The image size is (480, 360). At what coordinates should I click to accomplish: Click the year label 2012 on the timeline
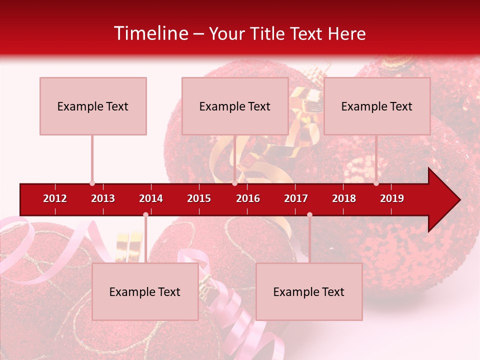(55, 198)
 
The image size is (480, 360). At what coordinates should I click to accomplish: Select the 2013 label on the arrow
(103, 198)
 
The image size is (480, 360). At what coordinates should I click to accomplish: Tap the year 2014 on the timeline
(151, 198)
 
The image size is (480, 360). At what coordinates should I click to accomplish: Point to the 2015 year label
(199, 198)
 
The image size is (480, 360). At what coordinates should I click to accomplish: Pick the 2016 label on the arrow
(248, 198)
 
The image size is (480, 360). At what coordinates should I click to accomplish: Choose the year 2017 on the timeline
(296, 198)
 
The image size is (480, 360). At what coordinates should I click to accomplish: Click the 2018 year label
(344, 198)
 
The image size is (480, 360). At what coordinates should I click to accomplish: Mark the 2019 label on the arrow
(392, 198)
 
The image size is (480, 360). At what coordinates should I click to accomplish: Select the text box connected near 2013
(93, 106)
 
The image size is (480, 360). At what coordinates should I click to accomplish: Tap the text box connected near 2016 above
(235, 106)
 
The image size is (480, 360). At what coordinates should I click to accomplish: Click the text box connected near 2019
(377, 106)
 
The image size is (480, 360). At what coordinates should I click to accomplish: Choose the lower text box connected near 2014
(145, 291)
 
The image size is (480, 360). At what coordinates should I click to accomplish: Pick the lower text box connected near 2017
(309, 291)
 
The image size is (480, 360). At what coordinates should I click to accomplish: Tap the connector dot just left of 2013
(92, 183)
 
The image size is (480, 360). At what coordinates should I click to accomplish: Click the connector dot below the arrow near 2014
(145, 214)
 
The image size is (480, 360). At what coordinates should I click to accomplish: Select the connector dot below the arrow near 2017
(309, 214)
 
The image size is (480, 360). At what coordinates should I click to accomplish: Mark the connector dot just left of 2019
(376, 183)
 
